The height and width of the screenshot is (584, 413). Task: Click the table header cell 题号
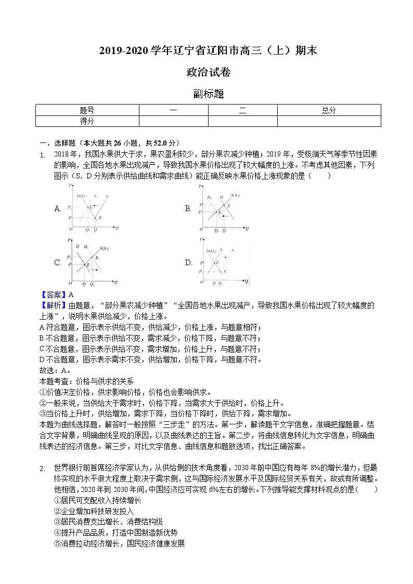87,110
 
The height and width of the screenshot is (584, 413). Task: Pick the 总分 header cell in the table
329,110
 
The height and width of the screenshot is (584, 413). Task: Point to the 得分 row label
87,121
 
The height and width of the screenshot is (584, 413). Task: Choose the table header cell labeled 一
173,110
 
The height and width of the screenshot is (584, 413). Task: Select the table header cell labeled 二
242,110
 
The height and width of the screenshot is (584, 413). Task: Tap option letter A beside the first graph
58,209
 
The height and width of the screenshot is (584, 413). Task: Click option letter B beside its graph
188,209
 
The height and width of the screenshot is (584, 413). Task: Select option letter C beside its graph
58,263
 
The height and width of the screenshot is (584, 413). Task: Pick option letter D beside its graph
188,263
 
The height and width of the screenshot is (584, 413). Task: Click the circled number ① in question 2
57,500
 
